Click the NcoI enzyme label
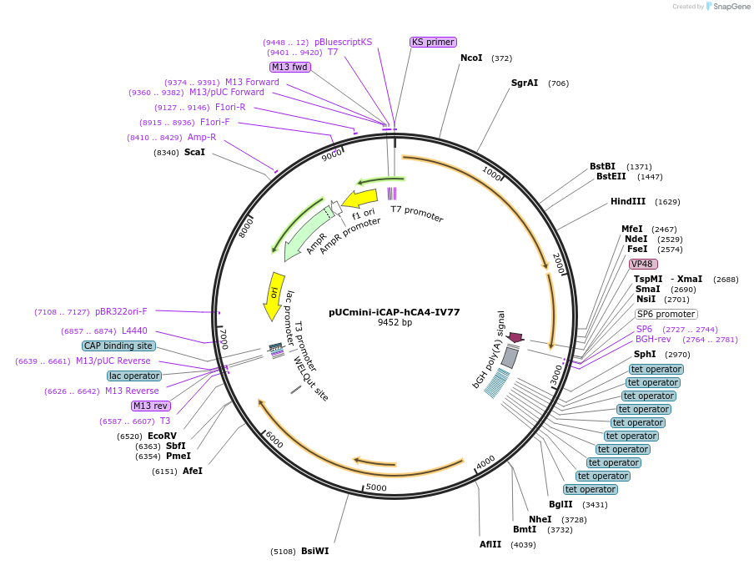(471, 58)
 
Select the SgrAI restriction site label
(525, 83)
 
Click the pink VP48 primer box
(642, 264)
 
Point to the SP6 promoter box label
(666, 315)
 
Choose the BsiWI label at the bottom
(315, 551)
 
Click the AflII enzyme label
(490, 544)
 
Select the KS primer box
(433, 42)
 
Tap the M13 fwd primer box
(289, 67)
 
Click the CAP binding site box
(118, 346)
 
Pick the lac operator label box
(133, 376)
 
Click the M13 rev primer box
(151, 406)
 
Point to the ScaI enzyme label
(194, 153)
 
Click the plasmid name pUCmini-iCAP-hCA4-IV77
(395, 312)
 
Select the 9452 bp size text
(395, 323)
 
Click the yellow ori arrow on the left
(274, 295)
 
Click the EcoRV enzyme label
(162, 436)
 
